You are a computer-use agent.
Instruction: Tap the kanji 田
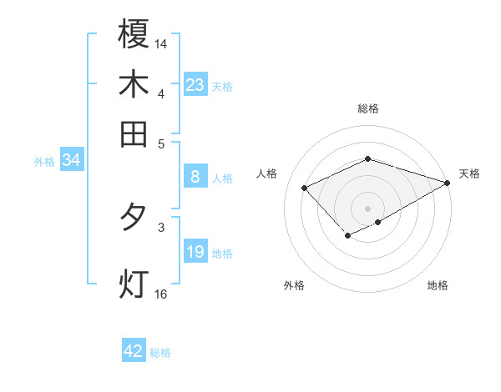tap(134, 133)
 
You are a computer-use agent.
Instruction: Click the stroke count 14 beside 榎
tap(161, 43)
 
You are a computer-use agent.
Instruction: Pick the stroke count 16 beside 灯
tap(161, 294)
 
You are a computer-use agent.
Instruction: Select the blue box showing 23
tap(195, 85)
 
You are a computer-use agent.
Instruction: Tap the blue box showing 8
tap(195, 177)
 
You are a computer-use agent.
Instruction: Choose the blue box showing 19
tap(195, 252)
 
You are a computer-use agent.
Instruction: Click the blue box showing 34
tap(71, 161)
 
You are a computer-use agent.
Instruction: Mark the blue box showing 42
tap(134, 351)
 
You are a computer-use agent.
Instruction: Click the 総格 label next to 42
tap(160, 353)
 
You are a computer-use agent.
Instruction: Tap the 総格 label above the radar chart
tap(367, 108)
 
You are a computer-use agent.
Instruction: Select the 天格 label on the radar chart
tap(469, 173)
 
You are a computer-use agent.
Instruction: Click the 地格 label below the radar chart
tap(438, 285)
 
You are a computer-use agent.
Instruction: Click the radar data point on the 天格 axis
tap(448, 183)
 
